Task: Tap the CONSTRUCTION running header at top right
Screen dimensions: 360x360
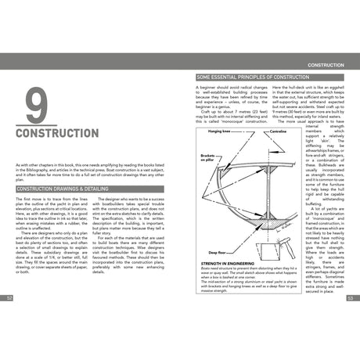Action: (328, 64)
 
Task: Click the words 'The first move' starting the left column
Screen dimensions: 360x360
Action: (30, 200)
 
